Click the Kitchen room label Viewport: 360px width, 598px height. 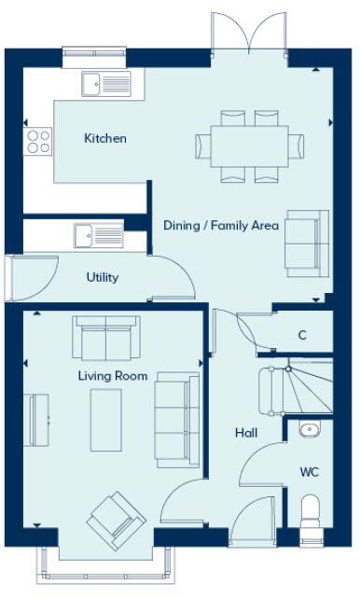(105, 139)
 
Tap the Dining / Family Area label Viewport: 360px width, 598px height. (221, 225)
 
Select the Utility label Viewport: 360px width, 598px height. (103, 277)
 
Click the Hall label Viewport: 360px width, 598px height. (246, 433)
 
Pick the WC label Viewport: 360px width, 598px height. (310, 472)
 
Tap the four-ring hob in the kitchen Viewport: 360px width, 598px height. (38, 142)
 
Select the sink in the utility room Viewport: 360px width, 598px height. (98, 234)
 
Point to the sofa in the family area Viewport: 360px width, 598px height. (306, 240)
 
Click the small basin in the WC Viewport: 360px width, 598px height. (311, 430)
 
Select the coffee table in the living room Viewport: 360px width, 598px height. (106, 418)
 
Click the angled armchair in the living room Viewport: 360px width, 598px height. (117, 519)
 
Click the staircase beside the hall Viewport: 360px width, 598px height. (294, 388)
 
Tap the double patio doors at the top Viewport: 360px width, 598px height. (249, 33)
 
